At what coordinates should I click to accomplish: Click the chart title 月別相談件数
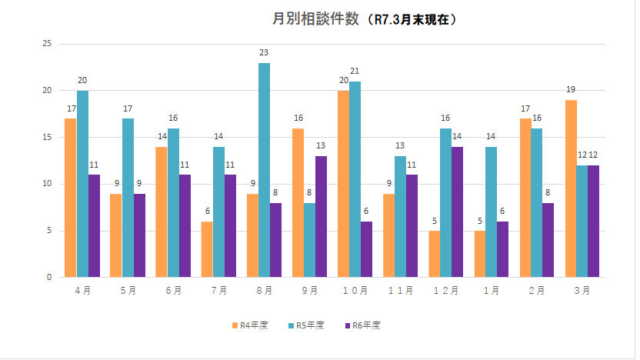tap(315, 20)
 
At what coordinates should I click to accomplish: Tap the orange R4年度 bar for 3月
tap(571, 188)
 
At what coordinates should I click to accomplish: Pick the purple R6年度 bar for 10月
tap(366, 248)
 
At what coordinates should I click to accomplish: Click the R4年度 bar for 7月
tap(207, 248)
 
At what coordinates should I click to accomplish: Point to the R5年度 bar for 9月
tap(309, 239)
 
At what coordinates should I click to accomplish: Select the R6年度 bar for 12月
tap(457, 212)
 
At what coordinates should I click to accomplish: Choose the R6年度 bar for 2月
tap(548, 239)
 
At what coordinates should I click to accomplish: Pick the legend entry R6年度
tap(362, 325)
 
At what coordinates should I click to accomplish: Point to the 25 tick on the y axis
tap(47, 44)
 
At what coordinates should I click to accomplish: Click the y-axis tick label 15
tap(47, 138)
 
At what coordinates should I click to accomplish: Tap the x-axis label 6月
tap(173, 291)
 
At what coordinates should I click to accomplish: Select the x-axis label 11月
tap(401, 291)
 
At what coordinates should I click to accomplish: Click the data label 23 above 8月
tap(264, 52)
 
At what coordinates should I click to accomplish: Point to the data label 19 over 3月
tap(571, 90)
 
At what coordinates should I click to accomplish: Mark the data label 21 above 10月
tap(355, 71)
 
